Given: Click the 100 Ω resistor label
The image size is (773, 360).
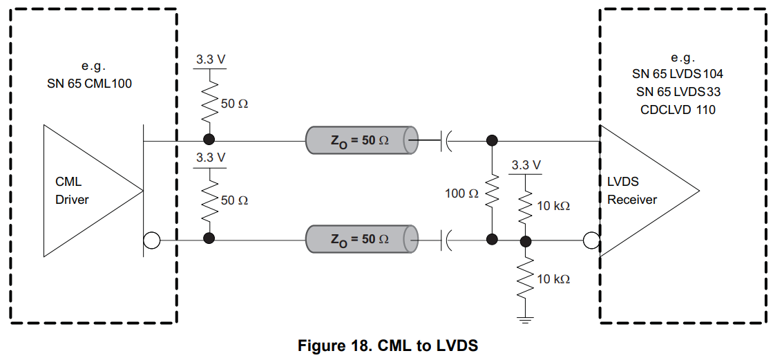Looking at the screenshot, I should click(461, 194).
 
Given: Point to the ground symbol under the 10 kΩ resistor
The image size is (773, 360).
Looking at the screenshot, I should click(525, 319).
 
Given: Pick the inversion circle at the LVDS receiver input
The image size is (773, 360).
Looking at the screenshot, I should click(591, 240).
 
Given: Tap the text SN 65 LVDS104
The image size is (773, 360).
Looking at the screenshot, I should click(678, 73).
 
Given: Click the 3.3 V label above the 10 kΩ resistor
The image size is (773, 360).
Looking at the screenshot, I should click(526, 165).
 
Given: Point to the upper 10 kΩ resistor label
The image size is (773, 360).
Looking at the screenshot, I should click(553, 206).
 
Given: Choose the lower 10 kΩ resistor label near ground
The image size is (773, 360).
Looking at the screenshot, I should click(553, 279).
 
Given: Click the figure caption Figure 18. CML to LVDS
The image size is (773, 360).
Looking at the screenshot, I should click(388, 345).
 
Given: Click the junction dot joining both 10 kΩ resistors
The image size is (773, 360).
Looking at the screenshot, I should click(525, 240).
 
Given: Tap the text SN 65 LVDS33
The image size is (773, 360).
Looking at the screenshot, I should click(678, 91).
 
